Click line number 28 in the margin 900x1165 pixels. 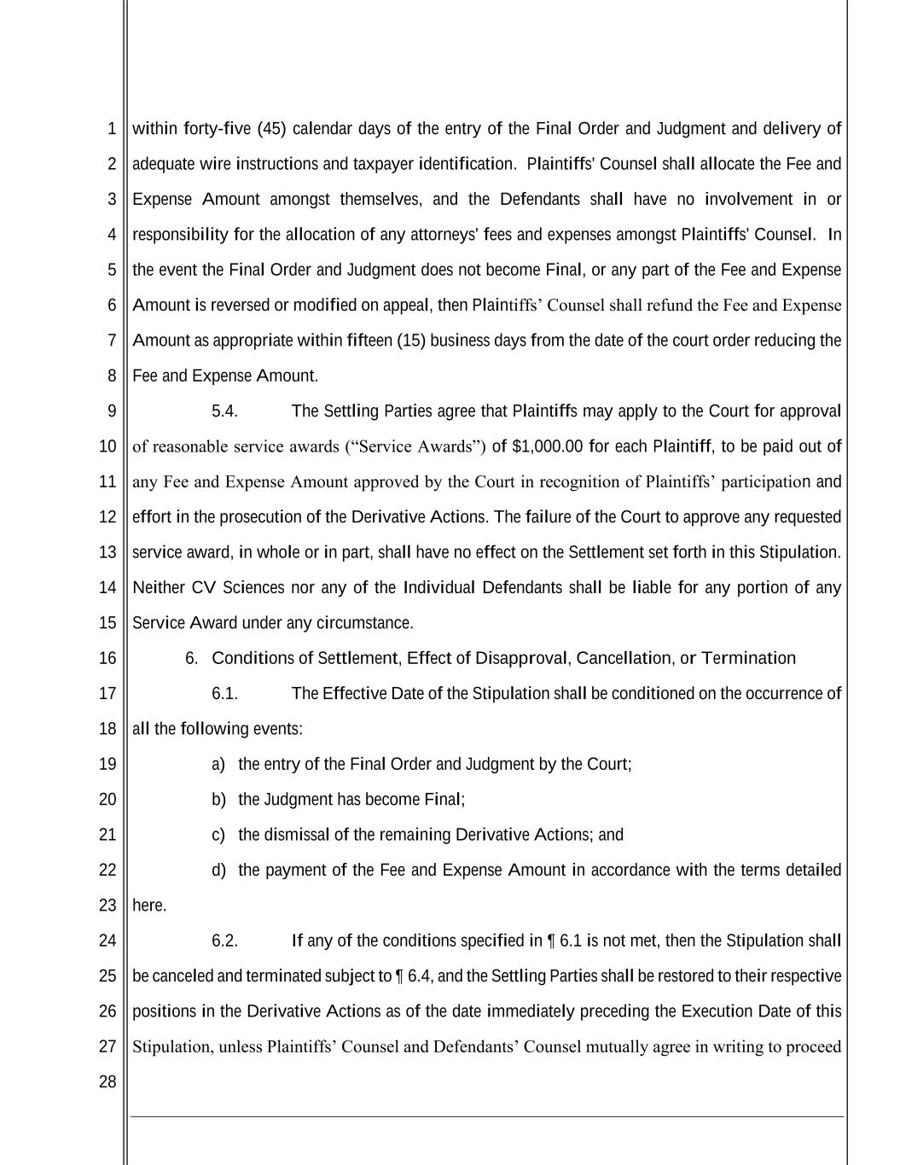(107, 1082)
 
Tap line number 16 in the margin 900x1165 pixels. (107, 658)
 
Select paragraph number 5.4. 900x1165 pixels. (224, 411)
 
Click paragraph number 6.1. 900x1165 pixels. (224, 694)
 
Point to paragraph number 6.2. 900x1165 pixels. (224, 941)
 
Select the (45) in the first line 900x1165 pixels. (271, 129)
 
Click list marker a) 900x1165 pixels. (218, 765)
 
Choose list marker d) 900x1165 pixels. (218, 871)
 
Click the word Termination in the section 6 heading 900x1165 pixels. (748, 658)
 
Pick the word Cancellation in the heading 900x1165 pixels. (624, 658)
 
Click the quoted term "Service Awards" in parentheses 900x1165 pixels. (415, 446)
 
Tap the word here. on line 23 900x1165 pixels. (149, 906)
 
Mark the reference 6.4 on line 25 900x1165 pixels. (419, 976)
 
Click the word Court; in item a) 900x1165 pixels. (609, 765)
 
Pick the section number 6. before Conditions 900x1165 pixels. (191, 658)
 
